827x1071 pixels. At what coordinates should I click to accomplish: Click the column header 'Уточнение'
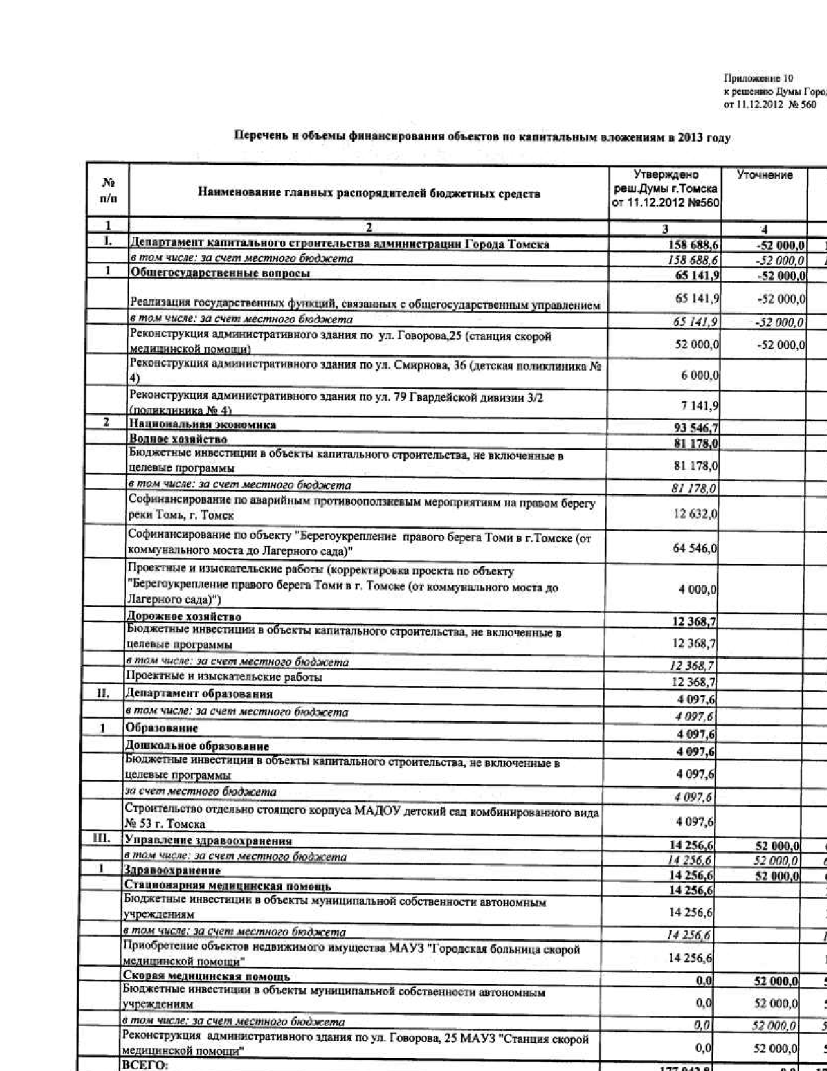764,175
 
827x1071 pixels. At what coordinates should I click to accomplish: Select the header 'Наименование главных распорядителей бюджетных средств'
368,193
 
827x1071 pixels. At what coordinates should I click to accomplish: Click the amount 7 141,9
699,406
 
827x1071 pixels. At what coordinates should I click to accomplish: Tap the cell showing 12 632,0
695,514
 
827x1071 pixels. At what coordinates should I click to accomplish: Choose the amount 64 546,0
695,548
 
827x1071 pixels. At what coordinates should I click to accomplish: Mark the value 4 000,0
697,589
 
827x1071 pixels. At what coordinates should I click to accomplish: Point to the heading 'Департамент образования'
198,694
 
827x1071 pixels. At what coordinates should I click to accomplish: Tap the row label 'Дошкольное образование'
197,746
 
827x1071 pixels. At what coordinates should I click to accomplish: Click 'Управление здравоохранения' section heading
208,841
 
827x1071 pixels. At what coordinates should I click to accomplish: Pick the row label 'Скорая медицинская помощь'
206,976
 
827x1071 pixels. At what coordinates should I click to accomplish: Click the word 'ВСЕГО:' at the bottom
145,1065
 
